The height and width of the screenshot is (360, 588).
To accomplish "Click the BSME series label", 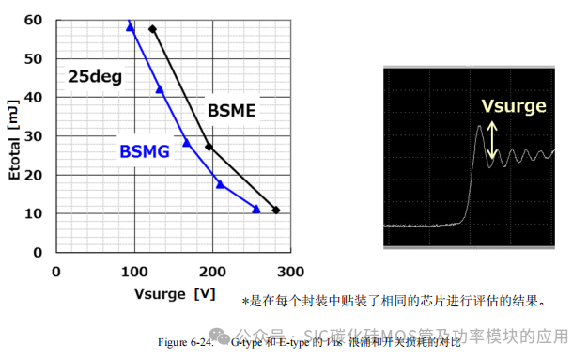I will point(231,111).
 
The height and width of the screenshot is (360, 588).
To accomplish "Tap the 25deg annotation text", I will point(94,77).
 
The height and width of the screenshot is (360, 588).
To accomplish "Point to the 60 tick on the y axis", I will point(34,20).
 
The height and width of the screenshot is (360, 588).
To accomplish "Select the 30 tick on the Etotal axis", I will point(34,136).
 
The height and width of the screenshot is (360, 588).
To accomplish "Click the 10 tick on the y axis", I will point(34,213).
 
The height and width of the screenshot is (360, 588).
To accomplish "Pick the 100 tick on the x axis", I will point(134,271).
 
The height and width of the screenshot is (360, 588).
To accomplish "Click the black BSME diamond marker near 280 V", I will point(275,210).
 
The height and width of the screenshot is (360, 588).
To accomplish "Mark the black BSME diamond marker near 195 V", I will point(209,147).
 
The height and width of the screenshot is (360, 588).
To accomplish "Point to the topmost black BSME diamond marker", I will point(152,29).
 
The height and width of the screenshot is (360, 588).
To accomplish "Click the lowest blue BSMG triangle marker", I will point(255,209).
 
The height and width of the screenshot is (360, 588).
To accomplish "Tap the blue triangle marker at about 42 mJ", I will point(160,89).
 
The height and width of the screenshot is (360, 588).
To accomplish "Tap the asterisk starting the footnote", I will point(245,302).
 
